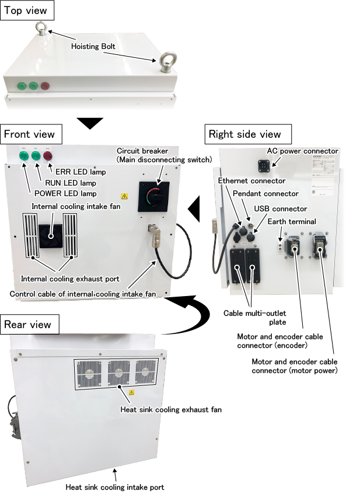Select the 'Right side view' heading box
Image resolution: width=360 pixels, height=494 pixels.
tap(244, 134)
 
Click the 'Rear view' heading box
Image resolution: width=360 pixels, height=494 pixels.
tap(27, 324)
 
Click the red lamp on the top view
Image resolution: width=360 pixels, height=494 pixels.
tap(45, 86)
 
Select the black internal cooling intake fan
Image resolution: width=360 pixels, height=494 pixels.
tap(50, 235)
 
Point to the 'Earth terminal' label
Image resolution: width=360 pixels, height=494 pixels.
tap(292, 221)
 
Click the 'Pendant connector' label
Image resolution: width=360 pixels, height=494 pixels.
tap(265, 193)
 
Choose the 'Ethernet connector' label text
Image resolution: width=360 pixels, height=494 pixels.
tap(251, 181)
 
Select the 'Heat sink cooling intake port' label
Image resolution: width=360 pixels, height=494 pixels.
tap(115, 486)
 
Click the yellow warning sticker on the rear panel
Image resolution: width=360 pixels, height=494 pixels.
tap(132, 392)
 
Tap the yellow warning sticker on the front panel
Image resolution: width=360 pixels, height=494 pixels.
tap(124, 198)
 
